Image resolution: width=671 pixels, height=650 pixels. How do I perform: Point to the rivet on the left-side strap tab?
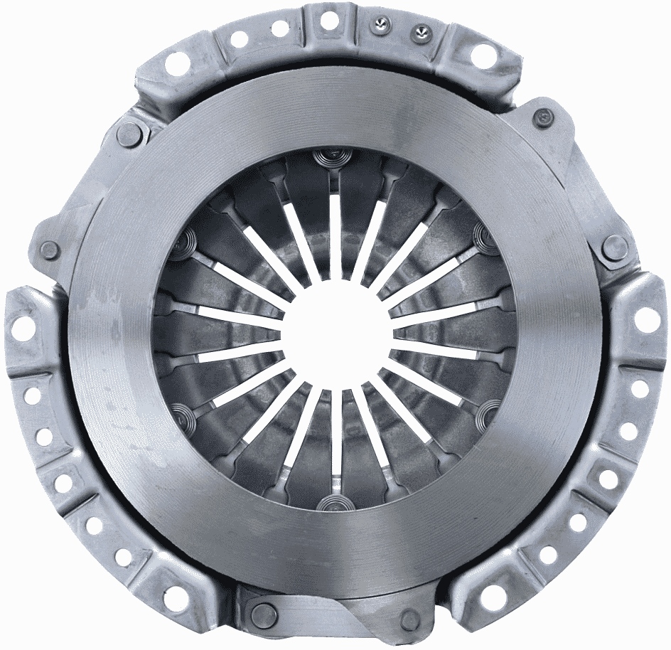click(x=50, y=249)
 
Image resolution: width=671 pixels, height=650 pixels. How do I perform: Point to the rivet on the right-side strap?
click(x=614, y=247)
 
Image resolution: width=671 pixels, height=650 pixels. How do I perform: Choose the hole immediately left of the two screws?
click(x=329, y=22)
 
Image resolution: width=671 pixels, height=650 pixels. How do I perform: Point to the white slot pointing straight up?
click(x=335, y=235)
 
